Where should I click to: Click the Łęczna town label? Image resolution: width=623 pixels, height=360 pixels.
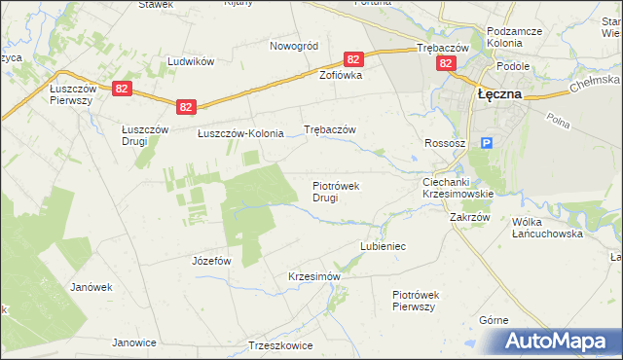click(x=498, y=94)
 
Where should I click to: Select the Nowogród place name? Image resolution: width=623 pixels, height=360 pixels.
click(x=294, y=46)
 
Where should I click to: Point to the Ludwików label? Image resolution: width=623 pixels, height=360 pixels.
click(x=190, y=60)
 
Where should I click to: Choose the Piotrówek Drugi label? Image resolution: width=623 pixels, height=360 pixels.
click(x=337, y=192)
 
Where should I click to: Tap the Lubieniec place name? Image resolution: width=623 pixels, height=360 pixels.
click(x=383, y=247)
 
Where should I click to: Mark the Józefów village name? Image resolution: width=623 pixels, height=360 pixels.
click(x=211, y=261)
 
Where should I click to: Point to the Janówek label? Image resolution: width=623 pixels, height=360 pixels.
click(x=92, y=287)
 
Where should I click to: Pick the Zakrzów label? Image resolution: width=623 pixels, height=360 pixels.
click(x=469, y=218)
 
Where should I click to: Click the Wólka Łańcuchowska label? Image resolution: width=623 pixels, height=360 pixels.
click(x=547, y=228)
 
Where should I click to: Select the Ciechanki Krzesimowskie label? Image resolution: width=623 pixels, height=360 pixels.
click(x=458, y=188)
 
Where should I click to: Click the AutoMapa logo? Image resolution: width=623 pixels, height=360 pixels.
click(x=556, y=341)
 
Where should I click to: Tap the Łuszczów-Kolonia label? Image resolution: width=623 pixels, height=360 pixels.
click(x=240, y=133)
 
